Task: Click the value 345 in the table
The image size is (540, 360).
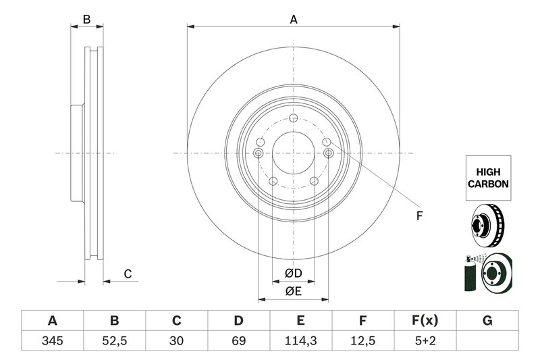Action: (x=52, y=341)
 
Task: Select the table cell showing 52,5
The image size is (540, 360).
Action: (x=114, y=341)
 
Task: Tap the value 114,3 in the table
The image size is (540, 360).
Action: (x=301, y=341)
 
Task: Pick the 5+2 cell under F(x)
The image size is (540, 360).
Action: (x=425, y=341)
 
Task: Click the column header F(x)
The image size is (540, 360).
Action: (x=425, y=320)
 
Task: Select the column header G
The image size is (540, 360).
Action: (x=487, y=320)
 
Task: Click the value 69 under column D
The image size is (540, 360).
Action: (x=239, y=341)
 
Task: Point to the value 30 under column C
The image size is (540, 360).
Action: (x=177, y=341)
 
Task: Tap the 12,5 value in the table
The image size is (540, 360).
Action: (x=363, y=341)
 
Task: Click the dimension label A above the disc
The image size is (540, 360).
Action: (x=294, y=20)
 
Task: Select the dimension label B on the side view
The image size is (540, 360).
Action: (x=86, y=20)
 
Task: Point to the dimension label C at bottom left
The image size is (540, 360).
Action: (x=126, y=274)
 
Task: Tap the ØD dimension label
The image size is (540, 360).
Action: (x=292, y=274)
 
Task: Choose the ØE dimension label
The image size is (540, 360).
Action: (x=292, y=292)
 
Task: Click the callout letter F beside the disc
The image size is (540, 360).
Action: (x=418, y=216)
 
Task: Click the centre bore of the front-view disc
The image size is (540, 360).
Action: (x=293, y=153)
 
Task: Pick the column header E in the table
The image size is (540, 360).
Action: (x=301, y=320)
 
